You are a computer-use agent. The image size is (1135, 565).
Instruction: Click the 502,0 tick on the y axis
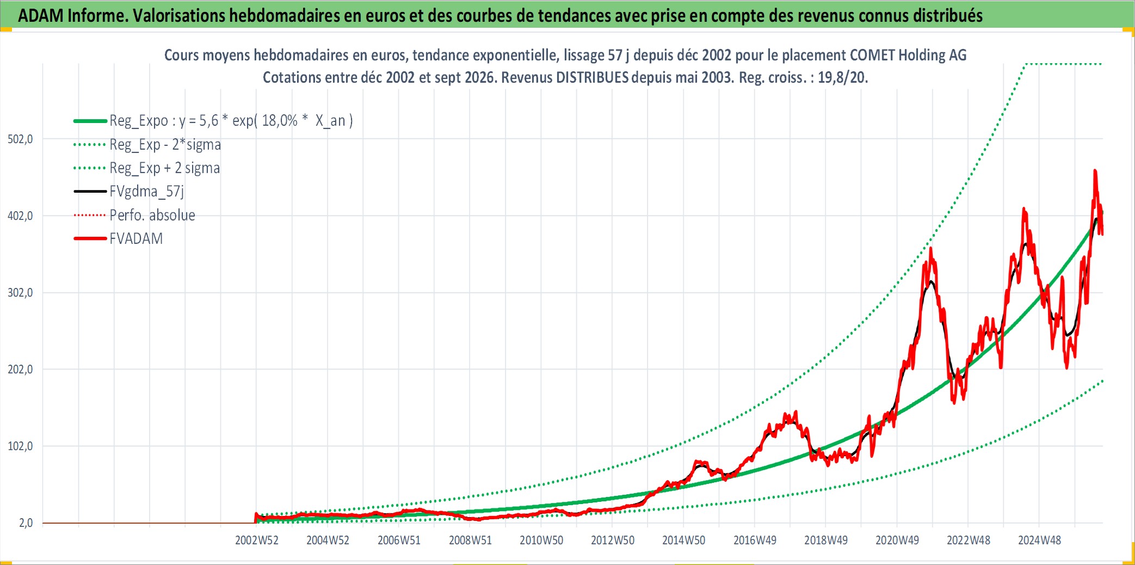[20, 139]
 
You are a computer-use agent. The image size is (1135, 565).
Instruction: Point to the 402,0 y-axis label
[20, 216]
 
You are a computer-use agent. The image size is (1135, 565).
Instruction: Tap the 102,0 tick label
[20, 446]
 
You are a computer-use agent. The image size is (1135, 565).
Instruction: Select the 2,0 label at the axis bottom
[26, 523]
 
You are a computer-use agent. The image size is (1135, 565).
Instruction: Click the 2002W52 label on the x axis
[257, 541]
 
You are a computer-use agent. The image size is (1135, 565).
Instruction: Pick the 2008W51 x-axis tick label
[470, 541]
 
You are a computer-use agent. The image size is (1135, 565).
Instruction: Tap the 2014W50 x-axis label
[683, 541]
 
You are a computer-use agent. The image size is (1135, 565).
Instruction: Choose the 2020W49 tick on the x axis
[897, 541]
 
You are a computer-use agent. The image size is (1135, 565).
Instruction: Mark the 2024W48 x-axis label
[1039, 541]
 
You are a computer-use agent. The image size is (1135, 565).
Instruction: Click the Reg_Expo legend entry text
[231, 121]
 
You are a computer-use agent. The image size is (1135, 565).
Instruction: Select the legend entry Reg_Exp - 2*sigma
[165, 145]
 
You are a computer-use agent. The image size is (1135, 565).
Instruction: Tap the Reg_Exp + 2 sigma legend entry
[165, 168]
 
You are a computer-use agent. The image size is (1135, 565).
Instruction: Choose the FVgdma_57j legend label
[147, 192]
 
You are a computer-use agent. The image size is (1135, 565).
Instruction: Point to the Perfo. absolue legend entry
[152, 215]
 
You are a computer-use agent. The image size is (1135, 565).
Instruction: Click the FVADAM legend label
[136, 238]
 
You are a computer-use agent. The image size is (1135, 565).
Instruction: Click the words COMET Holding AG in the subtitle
[908, 55]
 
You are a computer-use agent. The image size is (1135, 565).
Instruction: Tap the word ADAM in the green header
[41, 16]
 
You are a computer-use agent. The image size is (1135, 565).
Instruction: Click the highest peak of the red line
[1095, 170]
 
